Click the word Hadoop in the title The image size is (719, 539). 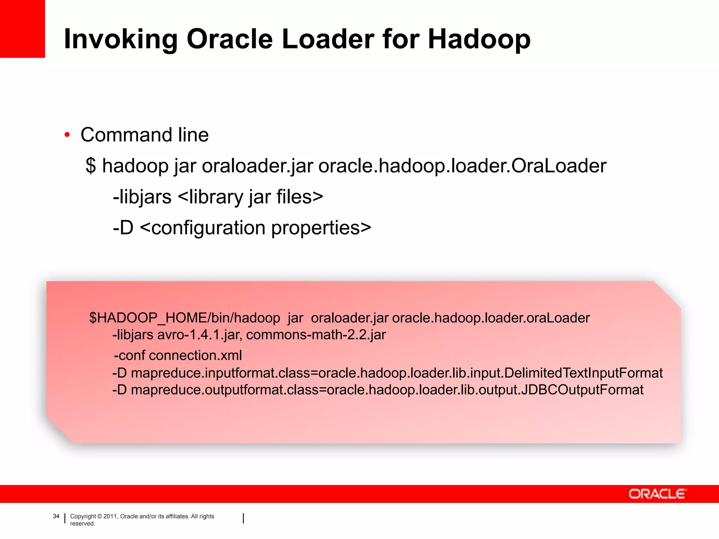[479, 39]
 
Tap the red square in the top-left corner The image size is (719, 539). [22, 28]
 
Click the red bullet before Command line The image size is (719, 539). [67, 135]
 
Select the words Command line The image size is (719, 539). [144, 135]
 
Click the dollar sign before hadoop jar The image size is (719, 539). [91, 166]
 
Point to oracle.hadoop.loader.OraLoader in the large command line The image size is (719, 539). [462, 166]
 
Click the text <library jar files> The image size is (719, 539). [250, 197]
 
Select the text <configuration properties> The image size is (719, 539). [255, 228]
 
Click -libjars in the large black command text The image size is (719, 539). [142, 197]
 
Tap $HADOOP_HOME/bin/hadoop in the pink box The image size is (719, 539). [184, 318]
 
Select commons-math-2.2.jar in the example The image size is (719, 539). [316, 335]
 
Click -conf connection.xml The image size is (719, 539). [178, 355]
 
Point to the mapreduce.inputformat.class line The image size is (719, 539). [388, 373]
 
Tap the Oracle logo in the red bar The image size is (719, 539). [657, 494]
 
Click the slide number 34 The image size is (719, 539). [56, 516]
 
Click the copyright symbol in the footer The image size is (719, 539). [100, 516]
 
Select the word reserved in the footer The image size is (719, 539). [82, 524]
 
